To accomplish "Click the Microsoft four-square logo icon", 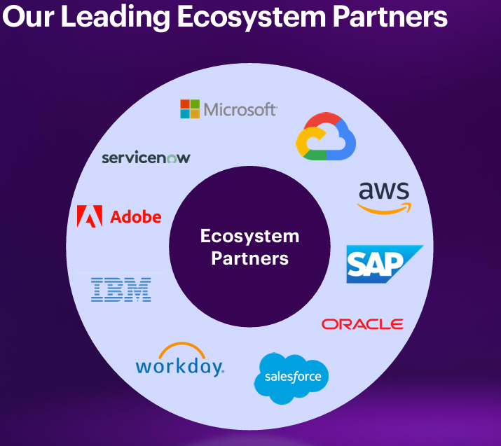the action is click(x=190, y=109).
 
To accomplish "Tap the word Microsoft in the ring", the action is click(x=240, y=109).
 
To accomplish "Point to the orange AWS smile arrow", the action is click(x=384, y=207).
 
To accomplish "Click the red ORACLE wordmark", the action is click(x=362, y=324).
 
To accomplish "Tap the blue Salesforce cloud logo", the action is click(x=291, y=377).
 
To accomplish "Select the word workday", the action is click(x=179, y=366).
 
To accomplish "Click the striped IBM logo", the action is click(x=121, y=289).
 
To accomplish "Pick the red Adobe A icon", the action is click(x=90, y=216).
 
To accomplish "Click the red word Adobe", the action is click(x=136, y=217).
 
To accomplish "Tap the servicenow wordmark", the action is click(x=146, y=158).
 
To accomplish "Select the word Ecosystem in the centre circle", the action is click(x=249, y=236).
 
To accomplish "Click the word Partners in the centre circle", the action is click(x=249, y=258).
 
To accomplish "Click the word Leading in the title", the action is click(x=115, y=18).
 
